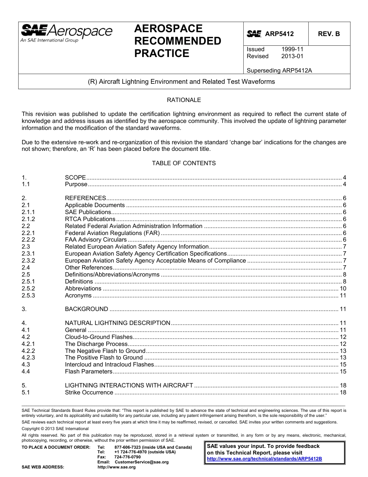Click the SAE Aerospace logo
(x=66, y=33)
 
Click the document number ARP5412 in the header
(x=279, y=34)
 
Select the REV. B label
(x=328, y=34)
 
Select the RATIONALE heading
(x=184, y=100)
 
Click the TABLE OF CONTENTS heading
(x=184, y=163)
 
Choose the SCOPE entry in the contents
(x=75, y=177)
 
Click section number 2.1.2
(x=28, y=219)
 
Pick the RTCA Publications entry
(x=90, y=219)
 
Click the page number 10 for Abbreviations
(x=342, y=289)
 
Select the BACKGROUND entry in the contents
(x=86, y=309)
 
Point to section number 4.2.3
(x=28, y=358)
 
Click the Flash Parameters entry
(x=88, y=372)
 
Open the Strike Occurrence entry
(x=89, y=392)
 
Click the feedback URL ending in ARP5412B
(x=265, y=458)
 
